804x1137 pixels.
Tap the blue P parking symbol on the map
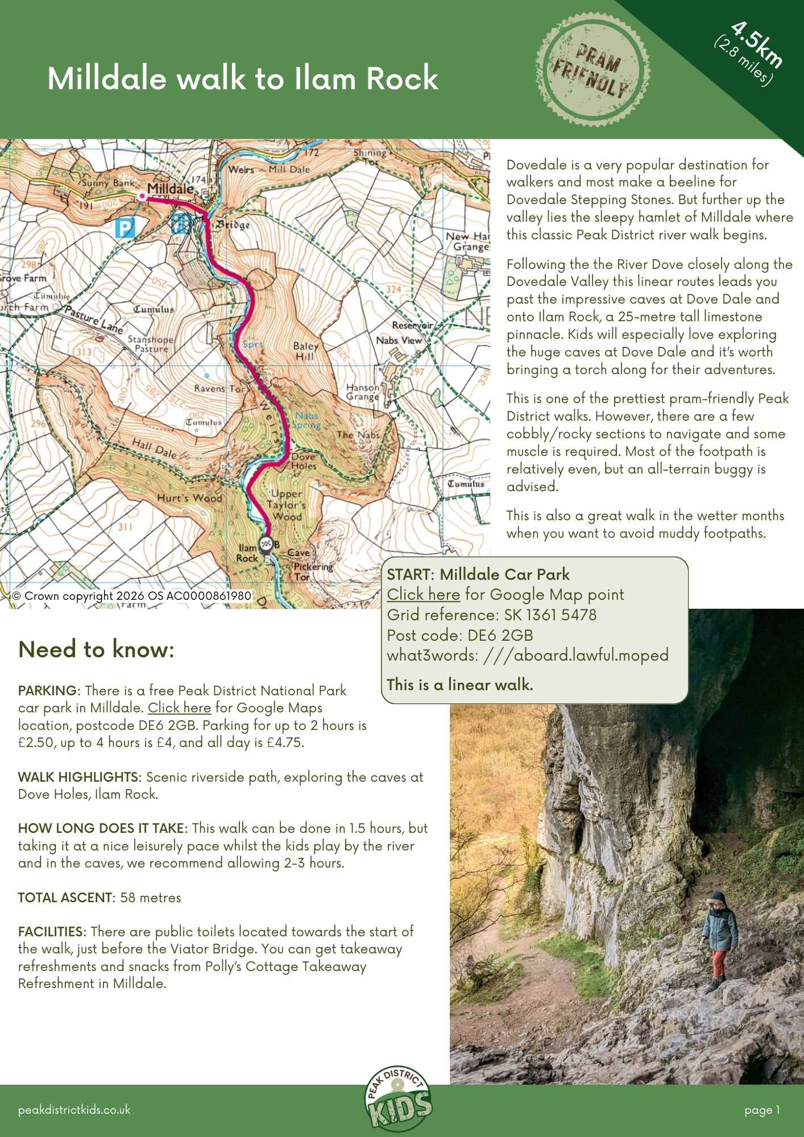click(123, 229)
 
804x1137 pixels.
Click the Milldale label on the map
click(170, 188)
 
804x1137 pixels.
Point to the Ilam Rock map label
click(247, 553)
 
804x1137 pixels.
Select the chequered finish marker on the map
click(265, 543)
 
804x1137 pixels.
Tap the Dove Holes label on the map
click(304, 461)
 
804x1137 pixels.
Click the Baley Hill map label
click(305, 351)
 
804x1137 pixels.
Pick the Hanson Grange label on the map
click(363, 392)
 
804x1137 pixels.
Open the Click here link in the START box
click(423, 595)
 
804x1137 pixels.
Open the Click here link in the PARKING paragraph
click(179, 708)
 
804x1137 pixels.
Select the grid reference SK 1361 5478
click(550, 615)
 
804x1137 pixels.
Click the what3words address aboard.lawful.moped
click(575, 655)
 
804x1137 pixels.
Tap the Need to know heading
click(96, 649)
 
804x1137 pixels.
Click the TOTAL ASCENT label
click(66, 898)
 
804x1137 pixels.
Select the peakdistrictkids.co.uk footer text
click(74, 1110)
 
